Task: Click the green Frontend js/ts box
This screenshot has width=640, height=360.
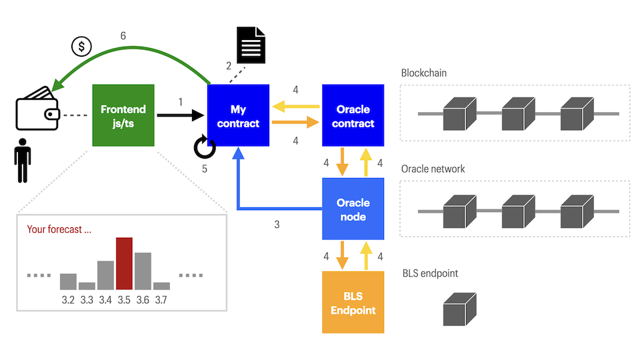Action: (123, 115)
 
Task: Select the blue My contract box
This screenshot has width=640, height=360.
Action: (239, 115)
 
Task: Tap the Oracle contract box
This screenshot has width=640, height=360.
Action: (353, 115)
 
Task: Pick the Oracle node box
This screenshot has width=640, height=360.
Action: (353, 209)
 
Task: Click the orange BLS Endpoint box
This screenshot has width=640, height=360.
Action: (353, 302)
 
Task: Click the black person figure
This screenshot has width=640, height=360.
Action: (23, 160)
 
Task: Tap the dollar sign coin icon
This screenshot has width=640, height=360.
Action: (81, 47)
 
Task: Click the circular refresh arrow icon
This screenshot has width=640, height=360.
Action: (205, 147)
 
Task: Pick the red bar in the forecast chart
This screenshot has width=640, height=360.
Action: (124, 263)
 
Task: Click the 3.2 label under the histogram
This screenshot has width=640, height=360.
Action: (68, 301)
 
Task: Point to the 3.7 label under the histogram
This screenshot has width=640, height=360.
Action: (161, 301)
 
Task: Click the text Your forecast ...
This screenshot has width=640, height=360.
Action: (59, 229)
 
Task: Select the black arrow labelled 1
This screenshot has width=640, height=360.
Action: (180, 115)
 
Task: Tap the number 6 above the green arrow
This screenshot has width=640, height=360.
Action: (123, 36)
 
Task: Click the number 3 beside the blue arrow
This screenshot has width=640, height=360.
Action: (277, 225)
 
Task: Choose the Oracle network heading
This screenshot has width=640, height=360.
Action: (433, 169)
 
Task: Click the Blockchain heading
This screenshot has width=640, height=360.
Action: (424, 73)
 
